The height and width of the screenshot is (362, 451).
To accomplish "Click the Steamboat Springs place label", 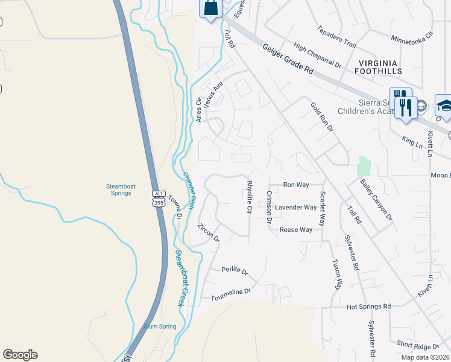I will [118, 189].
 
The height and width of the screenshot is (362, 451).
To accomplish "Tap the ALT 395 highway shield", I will [158, 198].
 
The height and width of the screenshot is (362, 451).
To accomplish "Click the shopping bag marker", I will [210, 8].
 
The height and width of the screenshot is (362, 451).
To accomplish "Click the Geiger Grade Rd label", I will [289, 58].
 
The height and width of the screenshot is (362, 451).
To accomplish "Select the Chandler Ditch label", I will [188, 191].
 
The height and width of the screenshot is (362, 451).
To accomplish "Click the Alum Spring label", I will [160, 326].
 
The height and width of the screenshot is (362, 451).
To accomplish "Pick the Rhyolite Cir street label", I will [248, 197].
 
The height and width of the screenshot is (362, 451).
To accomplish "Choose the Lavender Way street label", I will [295, 207].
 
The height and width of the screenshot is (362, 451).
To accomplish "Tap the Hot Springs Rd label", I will [368, 306].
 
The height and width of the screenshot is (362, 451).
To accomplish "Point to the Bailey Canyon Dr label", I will [376, 199].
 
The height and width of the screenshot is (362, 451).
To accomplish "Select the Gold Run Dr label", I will [322, 117].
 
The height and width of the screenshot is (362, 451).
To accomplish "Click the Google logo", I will [20, 355].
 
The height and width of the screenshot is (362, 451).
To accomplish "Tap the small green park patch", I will [363, 166].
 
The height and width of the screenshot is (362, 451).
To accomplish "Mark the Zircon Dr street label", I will [209, 233].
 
